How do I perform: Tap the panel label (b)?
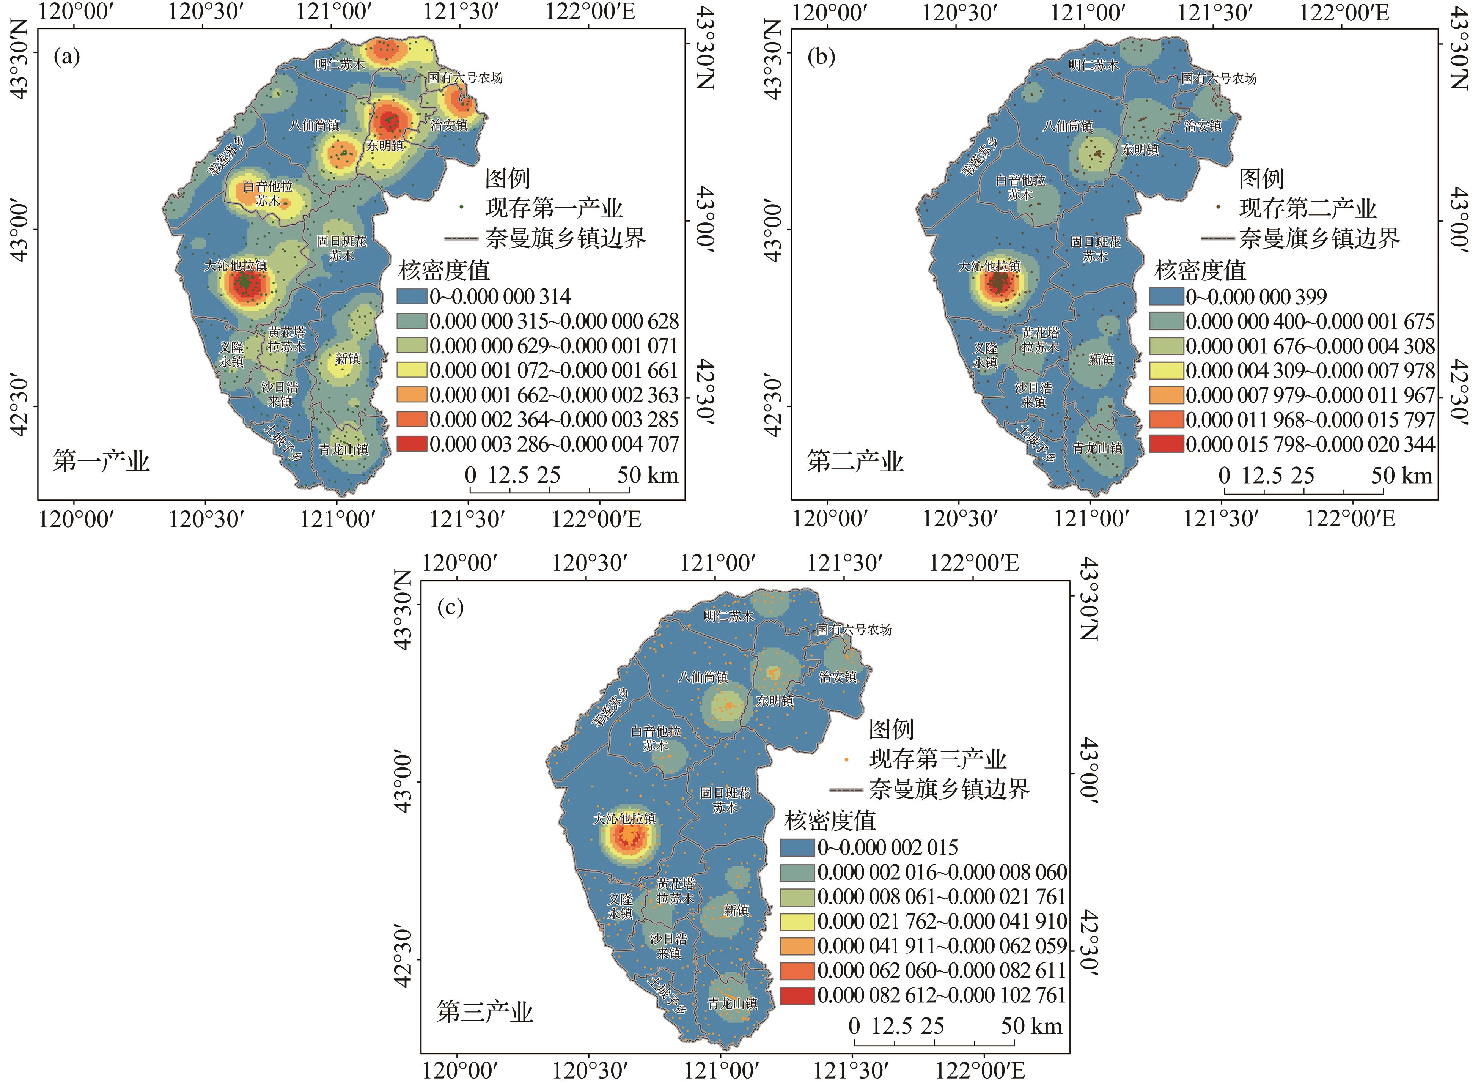pyautogui.click(x=821, y=57)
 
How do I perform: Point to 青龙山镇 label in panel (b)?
pyautogui.click(x=1097, y=448)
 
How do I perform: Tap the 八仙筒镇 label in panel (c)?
pyautogui.click(x=702, y=677)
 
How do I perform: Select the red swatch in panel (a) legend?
pyautogui.click(x=412, y=444)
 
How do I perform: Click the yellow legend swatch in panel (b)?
pyautogui.click(x=1166, y=371)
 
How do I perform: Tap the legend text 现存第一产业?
pyautogui.click(x=554, y=208)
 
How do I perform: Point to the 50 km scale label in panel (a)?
pyautogui.click(x=647, y=475)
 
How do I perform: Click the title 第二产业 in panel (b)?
pyautogui.click(x=855, y=462)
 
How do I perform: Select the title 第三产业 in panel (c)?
pyautogui.click(x=485, y=1013)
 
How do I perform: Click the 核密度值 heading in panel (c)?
pyautogui.click(x=830, y=820)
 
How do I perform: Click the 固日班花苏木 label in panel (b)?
pyautogui.click(x=1095, y=249)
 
